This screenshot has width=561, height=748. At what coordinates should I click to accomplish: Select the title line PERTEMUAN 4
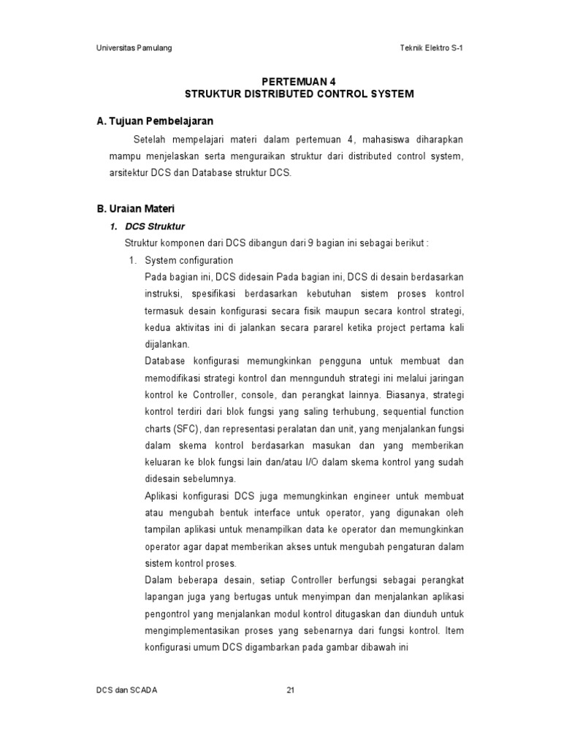pyautogui.click(x=299, y=81)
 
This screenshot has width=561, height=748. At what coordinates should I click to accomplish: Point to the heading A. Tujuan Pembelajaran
pyautogui.click(x=155, y=121)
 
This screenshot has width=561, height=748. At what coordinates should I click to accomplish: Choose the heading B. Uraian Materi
pyautogui.click(x=135, y=209)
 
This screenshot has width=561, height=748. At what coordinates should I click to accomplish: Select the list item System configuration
pyautogui.click(x=188, y=260)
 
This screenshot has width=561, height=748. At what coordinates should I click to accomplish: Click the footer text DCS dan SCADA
pyautogui.click(x=126, y=690)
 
